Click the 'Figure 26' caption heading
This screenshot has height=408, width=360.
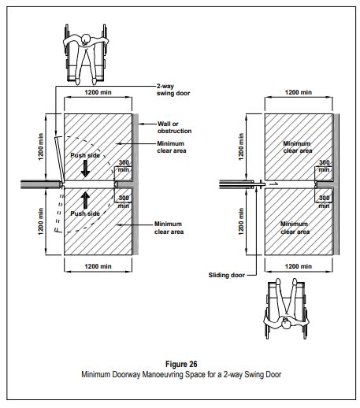point(181,364)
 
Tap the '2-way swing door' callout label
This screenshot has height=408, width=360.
point(173,90)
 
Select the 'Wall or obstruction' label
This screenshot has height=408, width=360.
point(174,128)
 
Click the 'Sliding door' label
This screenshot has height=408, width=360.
point(226,275)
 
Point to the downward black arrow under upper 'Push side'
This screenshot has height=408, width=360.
point(85,169)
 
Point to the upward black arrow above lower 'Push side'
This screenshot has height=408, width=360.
point(85,200)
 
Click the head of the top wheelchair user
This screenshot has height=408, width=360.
point(86,39)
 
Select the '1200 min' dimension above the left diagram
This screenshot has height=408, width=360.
point(98,92)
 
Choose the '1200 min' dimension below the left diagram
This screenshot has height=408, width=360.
point(98,266)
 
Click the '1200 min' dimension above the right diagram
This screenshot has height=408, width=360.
point(299,92)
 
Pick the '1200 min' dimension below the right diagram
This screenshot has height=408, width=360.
point(299,266)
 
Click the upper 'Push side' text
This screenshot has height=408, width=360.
point(85,155)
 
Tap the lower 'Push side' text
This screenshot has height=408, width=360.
point(85,213)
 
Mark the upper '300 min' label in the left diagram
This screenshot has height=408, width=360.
point(124,166)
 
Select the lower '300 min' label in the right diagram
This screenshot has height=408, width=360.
point(324,202)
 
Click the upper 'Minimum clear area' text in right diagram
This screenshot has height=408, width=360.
point(298,147)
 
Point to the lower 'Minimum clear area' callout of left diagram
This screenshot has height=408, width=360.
point(169,228)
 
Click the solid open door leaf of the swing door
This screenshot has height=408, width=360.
point(59,159)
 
